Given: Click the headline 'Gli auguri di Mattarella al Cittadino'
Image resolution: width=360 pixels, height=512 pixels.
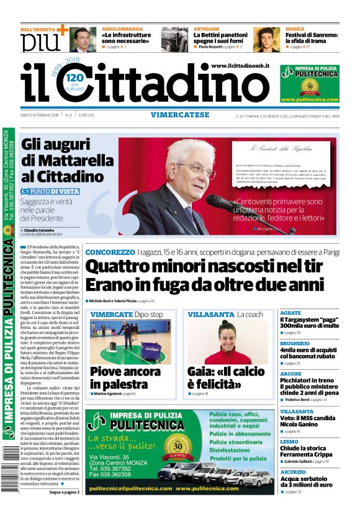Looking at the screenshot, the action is point(62,160).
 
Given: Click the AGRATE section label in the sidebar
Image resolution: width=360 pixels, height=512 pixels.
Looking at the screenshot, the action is point(291,313).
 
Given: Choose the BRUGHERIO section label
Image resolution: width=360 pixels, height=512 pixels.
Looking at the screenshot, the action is point(295,343).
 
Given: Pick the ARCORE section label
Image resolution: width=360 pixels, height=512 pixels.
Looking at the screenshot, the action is point(291,374).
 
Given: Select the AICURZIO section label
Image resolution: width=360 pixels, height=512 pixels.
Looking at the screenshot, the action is point(294,472).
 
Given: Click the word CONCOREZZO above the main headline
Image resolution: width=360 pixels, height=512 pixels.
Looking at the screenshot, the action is point(110,252).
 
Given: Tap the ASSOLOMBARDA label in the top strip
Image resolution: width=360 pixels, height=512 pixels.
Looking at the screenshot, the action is point(124,29).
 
